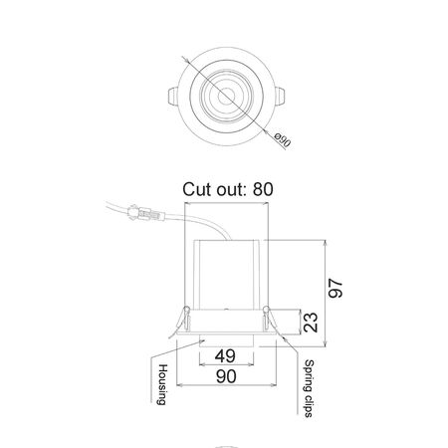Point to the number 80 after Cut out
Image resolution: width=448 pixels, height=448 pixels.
pos(262,188)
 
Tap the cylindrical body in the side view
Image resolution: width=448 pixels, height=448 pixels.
pos(228,274)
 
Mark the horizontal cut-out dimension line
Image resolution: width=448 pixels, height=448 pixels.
pos(228,202)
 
